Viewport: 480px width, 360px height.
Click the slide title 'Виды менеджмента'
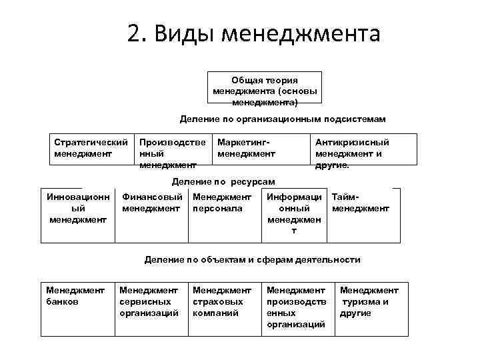point(267,33)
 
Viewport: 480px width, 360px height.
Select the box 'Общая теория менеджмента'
point(265,89)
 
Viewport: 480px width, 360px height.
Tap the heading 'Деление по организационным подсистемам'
point(283,119)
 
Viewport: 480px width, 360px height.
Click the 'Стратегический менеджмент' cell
point(91,148)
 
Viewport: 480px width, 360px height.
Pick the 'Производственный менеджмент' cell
point(172,153)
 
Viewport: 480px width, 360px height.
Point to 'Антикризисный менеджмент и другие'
point(353,153)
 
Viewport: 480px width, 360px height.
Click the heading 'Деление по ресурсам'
point(223,181)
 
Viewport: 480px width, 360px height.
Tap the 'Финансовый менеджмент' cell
point(152,203)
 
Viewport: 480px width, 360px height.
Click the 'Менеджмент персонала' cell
point(222,203)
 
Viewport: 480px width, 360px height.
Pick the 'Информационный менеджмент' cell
point(294,213)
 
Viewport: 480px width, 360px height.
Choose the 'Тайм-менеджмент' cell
point(360,203)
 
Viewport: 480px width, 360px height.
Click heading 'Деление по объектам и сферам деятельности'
point(253,259)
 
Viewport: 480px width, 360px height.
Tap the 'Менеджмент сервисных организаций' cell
point(149,301)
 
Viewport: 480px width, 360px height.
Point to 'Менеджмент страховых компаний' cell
point(222,301)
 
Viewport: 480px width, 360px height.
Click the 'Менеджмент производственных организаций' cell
point(296,307)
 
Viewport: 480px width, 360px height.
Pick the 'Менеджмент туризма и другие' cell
point(369,301)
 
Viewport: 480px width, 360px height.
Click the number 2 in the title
point(134,33)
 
